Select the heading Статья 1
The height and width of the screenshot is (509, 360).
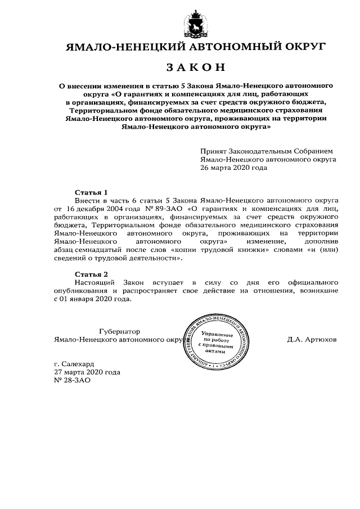click(91, 191)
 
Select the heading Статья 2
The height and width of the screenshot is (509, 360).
click(91, 273)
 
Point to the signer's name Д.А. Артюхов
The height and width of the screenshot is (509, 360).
click(312, 340)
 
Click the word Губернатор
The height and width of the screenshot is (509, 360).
click(119, 331)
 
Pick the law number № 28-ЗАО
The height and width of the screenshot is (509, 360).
click(71, 380)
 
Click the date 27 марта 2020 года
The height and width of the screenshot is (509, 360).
click(87, 372)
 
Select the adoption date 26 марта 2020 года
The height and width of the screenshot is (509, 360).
click(233, 167)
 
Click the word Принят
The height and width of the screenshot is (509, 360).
click(213, 151)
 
